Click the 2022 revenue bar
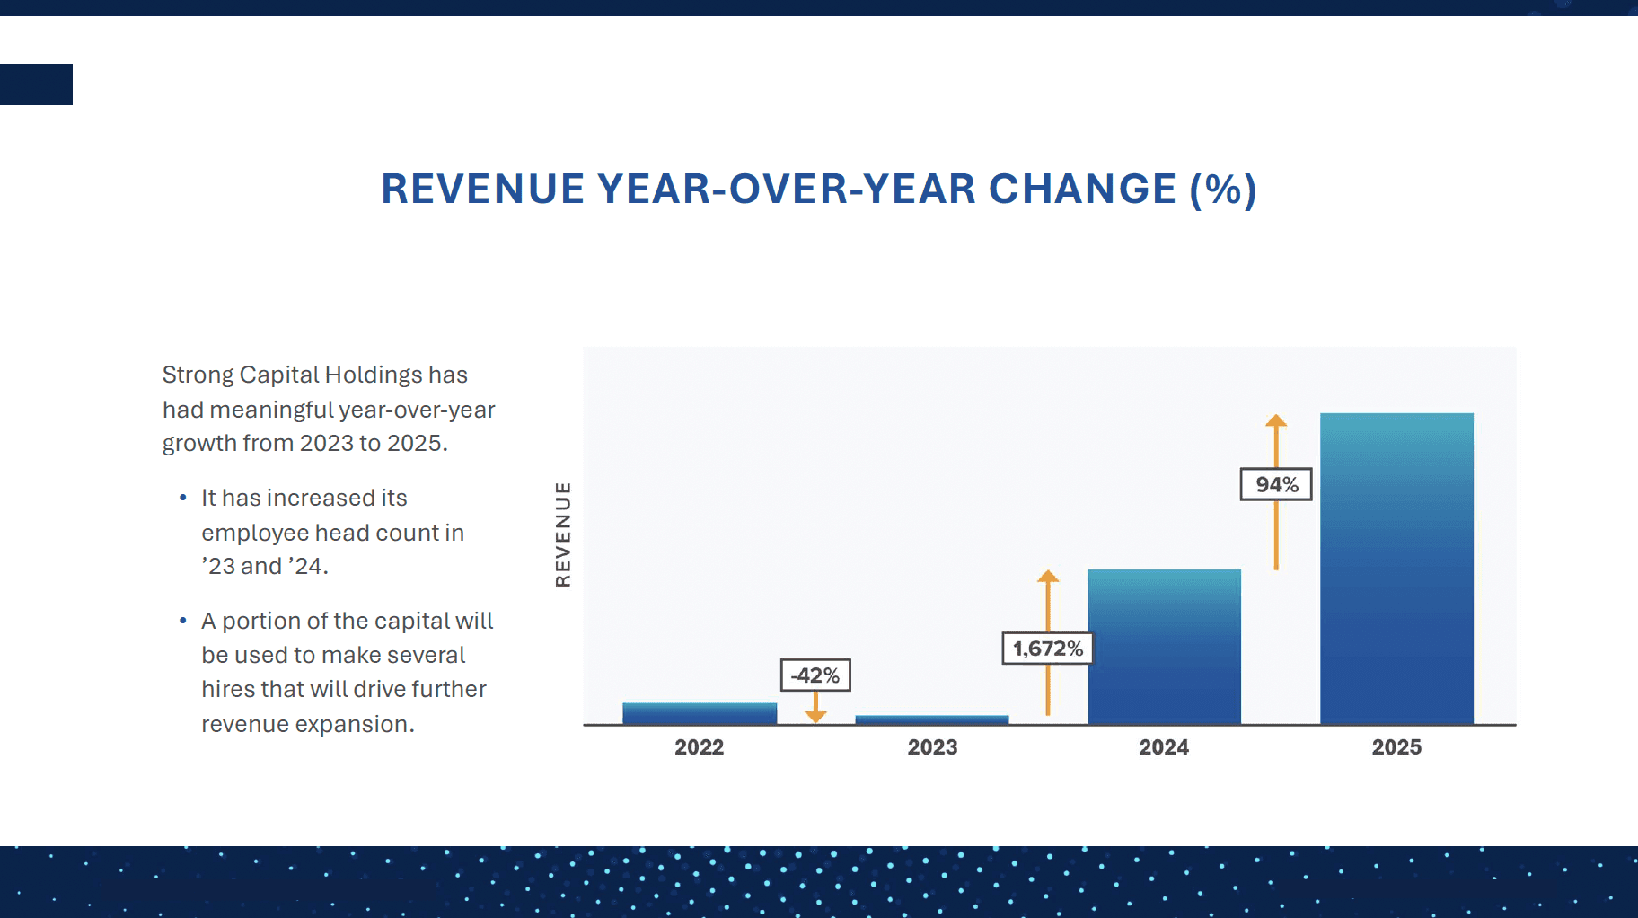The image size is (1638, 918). coord(700,713)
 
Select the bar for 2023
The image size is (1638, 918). coord(932,719)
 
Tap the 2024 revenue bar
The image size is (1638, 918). coord(1164,647)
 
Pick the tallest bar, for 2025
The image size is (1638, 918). coord(1396,569)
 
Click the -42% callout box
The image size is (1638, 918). coord(815,675)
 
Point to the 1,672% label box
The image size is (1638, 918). coord(1047,649)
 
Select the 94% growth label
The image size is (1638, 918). coord(1276,484)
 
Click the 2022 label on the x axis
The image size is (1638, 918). coord(700,747)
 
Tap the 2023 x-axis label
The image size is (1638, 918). coord(932,747)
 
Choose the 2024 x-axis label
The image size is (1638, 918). coord(1164,747)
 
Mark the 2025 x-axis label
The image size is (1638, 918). coord(1396,747)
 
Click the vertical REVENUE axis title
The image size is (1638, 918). coord(563,534)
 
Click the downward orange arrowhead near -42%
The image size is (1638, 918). coord(815,716)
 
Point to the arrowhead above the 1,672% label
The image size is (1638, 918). coord(1048,576)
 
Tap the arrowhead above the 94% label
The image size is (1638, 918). coord(1276,420)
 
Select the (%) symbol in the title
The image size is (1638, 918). coord(1223,190)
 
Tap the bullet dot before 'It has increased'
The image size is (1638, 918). coord(183,498)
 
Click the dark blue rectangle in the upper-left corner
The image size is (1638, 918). coord(36,84)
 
